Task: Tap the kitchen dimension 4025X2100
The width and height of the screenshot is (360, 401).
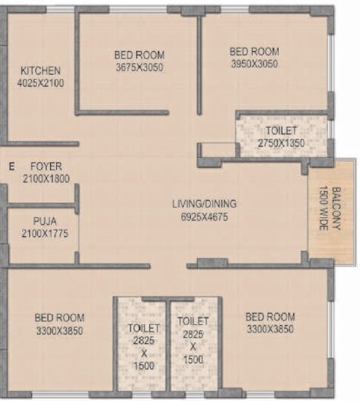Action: pyautogui.click(x=41, y=83)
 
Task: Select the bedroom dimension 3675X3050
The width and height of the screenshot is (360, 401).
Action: pyautogui.click(x=139, y=67)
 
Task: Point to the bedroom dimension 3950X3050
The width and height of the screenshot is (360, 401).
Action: pyautogui.click(x=254, y=64)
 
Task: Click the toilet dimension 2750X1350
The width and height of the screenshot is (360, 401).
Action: pyautogui.click(x=282, y=143)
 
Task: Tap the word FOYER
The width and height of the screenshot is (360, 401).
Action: pyautogui.click(x=47, y=166)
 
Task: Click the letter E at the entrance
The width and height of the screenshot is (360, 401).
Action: pyautogui.click(x=11, y=167)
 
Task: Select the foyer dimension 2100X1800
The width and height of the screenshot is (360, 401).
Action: pyautogui.click(x=46, y=179)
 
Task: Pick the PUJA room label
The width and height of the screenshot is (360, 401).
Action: pyautogui.click(x=44, y=220)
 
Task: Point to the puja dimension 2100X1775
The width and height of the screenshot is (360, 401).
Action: pyautogui.click(x=44, y=233)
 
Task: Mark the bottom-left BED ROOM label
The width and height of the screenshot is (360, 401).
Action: pyautogui.click(x=59, y=318)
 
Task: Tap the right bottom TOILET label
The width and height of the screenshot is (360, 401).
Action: pyautogui.click(x=193, y=321)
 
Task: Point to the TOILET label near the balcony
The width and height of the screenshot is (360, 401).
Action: pyautogui.click(x=282, y=131)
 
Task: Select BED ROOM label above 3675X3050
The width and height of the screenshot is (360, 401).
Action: pyautogui.click(x=139, y=55)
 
